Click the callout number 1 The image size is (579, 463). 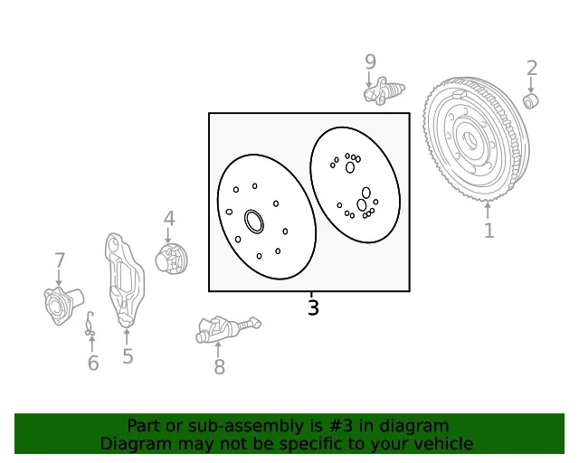coord(489,231)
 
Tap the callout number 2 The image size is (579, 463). coord(532,68)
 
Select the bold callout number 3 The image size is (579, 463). coord(313,307)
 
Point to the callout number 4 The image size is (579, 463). coord(169,218)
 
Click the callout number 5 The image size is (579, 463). coord(128,356)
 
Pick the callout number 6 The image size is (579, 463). coord(93,363)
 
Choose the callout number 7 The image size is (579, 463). coord(60,260)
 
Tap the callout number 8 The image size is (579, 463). coord(219,366)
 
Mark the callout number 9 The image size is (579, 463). coord(370,61)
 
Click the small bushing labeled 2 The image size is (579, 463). coord(531,101)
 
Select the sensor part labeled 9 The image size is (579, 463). coord(384,90)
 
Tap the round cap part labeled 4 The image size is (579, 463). coord(171,259)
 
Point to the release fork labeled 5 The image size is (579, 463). coord(125,279)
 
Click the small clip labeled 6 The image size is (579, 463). coord(90,324)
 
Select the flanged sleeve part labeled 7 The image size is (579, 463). coord(62,306)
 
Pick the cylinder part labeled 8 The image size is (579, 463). coord(228,328)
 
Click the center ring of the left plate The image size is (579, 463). coord(254,222)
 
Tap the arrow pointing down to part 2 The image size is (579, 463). coord(531,84)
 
